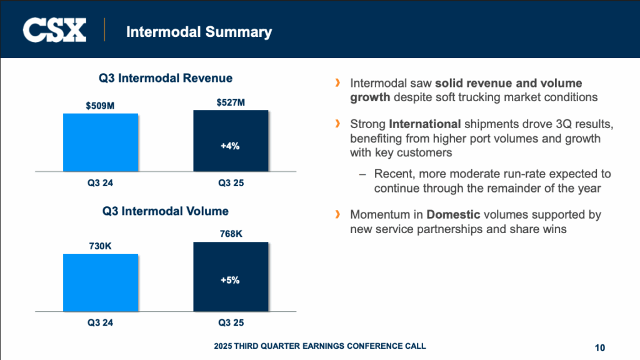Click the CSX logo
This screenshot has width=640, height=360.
(x=54, y=29)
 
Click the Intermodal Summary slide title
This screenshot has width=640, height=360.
(x=199, y=31)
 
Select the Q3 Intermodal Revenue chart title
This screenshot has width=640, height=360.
(x=166, y=78)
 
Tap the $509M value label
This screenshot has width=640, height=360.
(x=100, y=106)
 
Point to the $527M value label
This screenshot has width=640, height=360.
(x=230, y=102)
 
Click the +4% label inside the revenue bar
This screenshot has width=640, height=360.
(x=230, y=146)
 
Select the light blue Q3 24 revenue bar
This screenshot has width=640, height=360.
(x=100, y=142)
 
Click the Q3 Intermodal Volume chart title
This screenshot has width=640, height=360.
(x=166, y=211)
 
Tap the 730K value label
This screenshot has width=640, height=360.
(x=100, y=246)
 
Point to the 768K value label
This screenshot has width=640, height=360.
(x=230, y=234)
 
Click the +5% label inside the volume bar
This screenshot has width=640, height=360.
(x=230, y=280)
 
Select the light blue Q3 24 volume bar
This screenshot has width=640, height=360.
(x=100, y=282)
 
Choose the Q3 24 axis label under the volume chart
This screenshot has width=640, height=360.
(x=100, y=322)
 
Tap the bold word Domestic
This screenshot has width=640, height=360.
(x=453, y=215)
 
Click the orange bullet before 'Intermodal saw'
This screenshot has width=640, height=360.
(x=338, y=82)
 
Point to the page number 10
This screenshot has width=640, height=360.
(x=600, y=347)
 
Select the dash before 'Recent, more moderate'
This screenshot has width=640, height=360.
(x=362, y=174)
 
